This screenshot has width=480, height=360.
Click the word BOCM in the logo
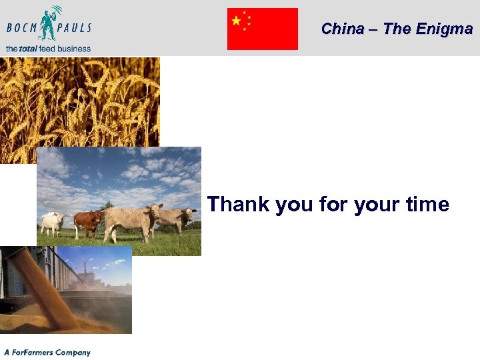(x=23, y=29)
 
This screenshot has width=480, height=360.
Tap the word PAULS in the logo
(x=74, y=29)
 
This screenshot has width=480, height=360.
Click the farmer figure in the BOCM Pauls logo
(x=48, y=24)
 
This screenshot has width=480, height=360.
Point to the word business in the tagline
(x=73, y=49)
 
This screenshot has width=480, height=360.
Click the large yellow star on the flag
(x=236, y=21)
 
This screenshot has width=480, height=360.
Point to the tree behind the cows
(x=107, y=207)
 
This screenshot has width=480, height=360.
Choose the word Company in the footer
(x=73, y=352)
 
